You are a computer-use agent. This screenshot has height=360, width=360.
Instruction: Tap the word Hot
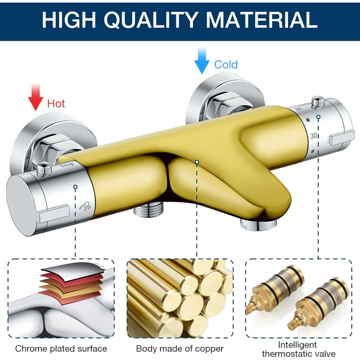point(56,103)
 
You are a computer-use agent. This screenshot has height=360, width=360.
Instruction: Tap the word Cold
point(226,64)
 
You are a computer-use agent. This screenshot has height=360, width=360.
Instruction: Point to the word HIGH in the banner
point(69,20)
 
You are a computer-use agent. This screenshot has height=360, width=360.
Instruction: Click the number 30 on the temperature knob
point(314,136)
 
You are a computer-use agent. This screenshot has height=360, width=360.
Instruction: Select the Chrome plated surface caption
point(61,349)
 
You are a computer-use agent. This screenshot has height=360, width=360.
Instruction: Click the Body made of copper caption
point(179,349)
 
